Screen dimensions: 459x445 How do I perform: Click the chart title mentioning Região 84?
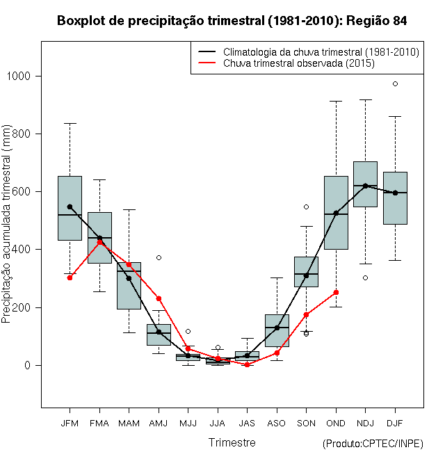[232, 21]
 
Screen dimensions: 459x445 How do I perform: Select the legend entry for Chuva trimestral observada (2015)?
[299, 63]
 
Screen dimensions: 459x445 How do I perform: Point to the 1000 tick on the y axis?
[22, 76]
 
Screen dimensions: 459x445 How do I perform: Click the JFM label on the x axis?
[70, 422]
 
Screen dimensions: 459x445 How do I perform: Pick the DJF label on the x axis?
[395, 422]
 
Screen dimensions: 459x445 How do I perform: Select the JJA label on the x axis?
[218, 422]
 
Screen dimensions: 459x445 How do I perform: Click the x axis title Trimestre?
[232, 442]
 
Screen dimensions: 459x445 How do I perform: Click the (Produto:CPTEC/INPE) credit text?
[373, 444]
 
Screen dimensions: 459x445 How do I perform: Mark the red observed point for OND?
[336, 292]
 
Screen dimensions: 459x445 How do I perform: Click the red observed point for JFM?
[70, 277]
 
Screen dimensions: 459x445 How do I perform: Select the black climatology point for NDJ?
[365, 186]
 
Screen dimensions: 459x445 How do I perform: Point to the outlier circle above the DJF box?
[395, 83]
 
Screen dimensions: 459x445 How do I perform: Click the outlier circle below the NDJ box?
[365, 277]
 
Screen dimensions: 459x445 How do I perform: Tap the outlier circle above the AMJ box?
[159, 257]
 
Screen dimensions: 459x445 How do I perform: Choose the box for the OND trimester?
[336, 212]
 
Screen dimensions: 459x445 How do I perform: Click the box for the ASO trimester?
[277, 330]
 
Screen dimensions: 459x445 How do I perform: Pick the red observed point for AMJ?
[159, 298]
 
